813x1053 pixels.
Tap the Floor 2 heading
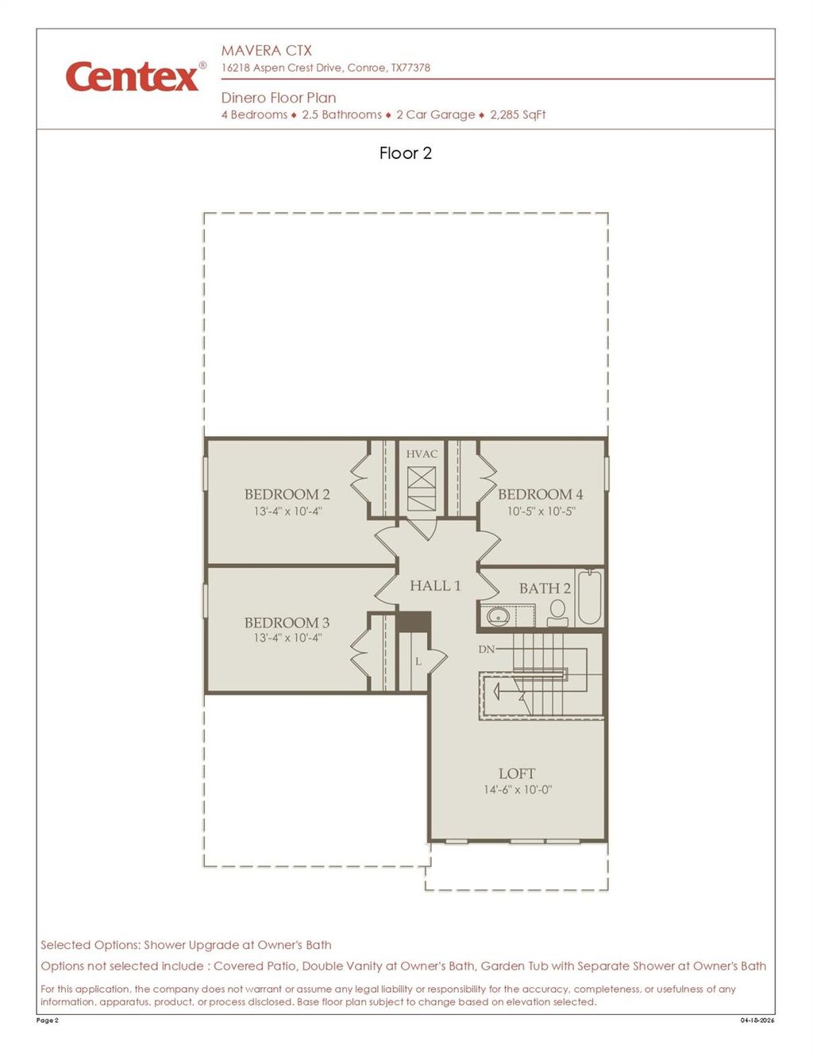tap(405, 153)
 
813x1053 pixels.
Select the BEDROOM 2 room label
tap(287, 494)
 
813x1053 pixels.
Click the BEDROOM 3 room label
tap(287, 623)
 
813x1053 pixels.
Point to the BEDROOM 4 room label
tap(540, 494)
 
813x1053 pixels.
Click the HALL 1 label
tap(435, 586)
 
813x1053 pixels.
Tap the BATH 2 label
tap(545, 588)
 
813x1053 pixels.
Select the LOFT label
tap(517, 773)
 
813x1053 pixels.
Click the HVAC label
tap(422, 454)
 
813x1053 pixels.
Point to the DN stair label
tap(487, 650)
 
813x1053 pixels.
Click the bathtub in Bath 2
tap(589, 597)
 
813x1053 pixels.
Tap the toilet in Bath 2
tap(557, 611)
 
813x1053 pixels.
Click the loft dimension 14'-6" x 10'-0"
tap(517, 789)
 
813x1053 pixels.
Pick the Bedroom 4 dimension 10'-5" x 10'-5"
tap(540, 511)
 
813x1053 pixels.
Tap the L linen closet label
tap(418, 661)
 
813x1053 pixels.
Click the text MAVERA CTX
tap(266, 50)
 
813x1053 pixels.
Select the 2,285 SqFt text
tap(518, 114)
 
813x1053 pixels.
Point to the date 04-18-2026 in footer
tap(757, 1020)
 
